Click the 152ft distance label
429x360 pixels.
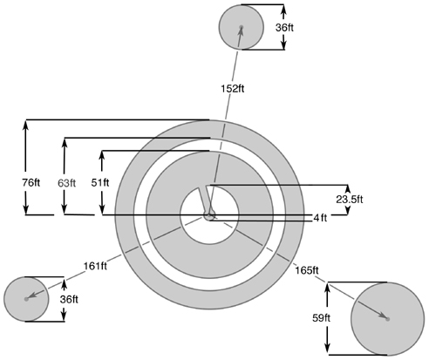pyautogui.click(x=233, y=88)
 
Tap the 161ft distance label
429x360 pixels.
pyautogui.click(x=95, y=266)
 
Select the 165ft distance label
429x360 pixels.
pyautogui.click(x=307, y=270)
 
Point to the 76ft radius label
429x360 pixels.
pyautogui.click(x=31, y=183)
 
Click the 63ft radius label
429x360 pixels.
pyautogui.click(x=66, y=183)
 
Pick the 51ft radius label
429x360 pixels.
pyautogui.click(x=100, y=183)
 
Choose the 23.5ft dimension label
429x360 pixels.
pyautogui.click(x=350, y=200)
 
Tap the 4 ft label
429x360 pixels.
pyautogui.click(x=320, y=218)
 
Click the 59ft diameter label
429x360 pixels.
pyautogui.click(x=322, y=318)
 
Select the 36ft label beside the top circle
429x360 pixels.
pyautogui.click(x=284, y=28)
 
